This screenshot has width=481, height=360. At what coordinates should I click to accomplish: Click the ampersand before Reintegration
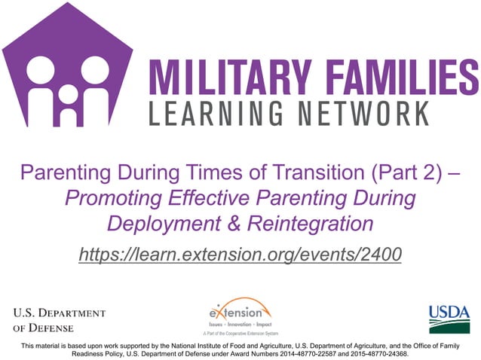[235, 224]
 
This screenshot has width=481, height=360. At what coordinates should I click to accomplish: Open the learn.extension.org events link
[240, 255]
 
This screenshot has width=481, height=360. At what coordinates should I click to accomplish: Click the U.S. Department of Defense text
[58, 319]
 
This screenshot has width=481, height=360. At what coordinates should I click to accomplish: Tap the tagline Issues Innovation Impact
[236, 322]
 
